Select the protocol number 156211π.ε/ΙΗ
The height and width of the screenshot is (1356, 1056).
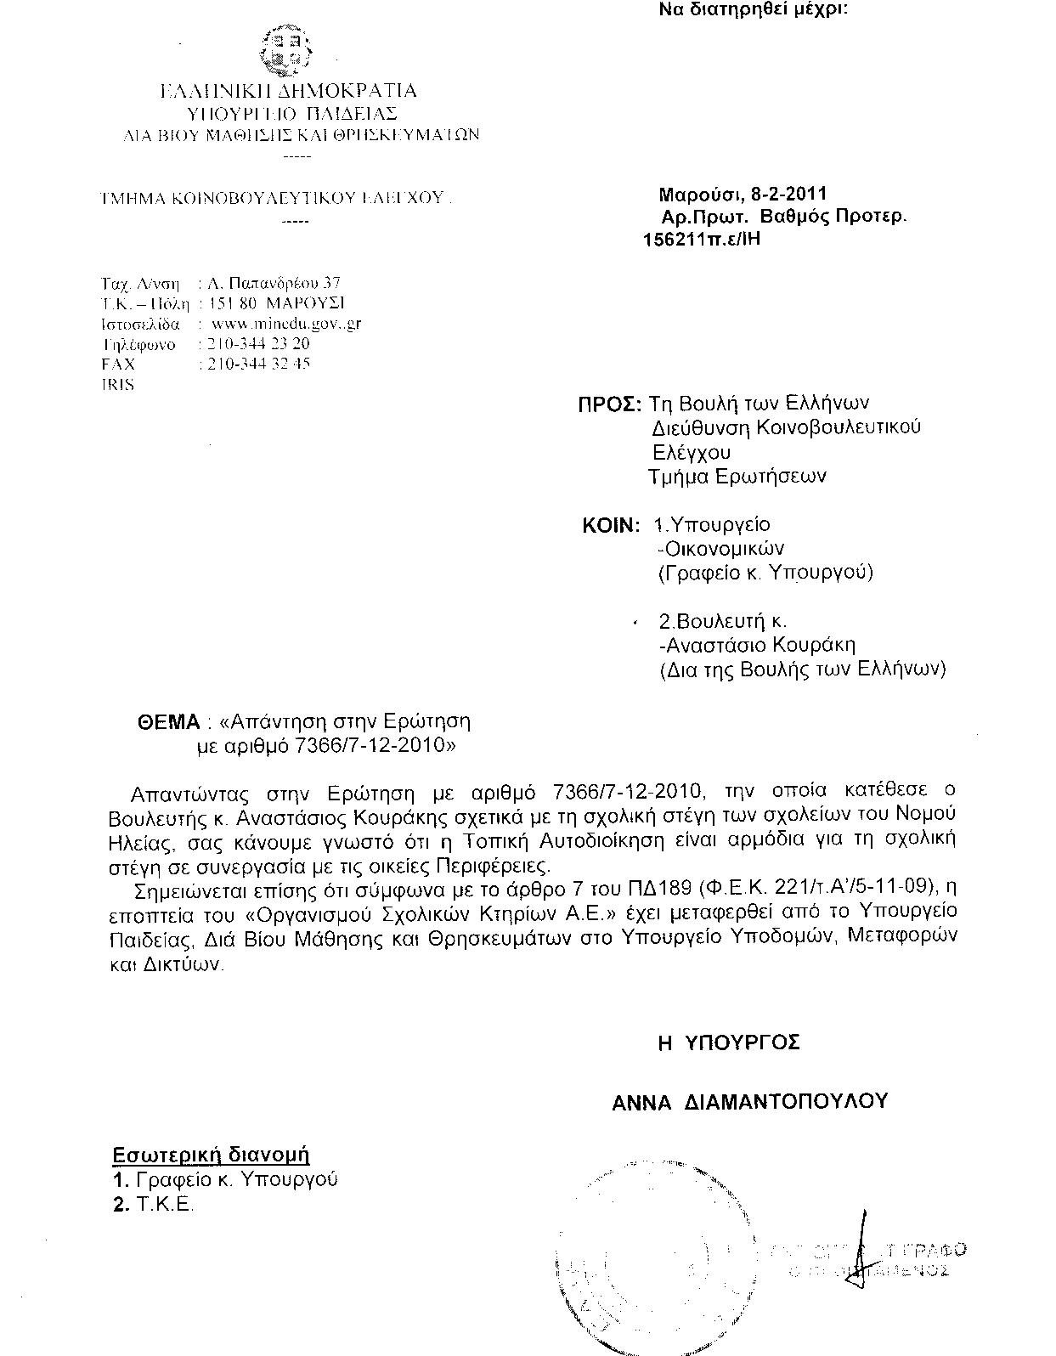coord(702,239)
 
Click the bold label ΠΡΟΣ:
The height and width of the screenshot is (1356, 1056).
coord(608,404)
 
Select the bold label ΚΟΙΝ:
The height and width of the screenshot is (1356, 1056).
coord(610,526)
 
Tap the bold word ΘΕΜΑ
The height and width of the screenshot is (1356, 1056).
coord(168,723)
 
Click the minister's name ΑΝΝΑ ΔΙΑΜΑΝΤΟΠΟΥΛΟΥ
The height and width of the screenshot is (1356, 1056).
coord(749,1102)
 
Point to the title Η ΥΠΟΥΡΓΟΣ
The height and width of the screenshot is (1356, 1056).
coord(728,1042)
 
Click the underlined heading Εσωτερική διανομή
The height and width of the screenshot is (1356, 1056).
coord(211,1155)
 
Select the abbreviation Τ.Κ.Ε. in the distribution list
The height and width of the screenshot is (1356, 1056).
coord(164,1205)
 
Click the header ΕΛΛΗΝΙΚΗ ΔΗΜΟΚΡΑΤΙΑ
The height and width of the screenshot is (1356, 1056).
coord(288,91)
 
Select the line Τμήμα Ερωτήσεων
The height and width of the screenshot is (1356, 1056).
coord(737,477)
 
